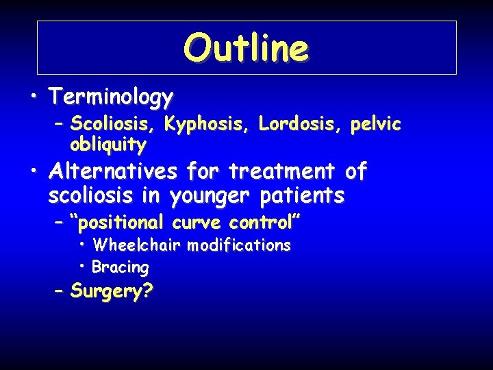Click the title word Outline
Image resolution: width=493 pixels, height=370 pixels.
tap(246, 48)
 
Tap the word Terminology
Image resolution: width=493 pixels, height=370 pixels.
tap(110, 97)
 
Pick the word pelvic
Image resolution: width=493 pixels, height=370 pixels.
tap(375, 124)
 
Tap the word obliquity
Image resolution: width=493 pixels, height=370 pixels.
tap(108, 145)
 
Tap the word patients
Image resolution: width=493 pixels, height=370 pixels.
tap(302, 196)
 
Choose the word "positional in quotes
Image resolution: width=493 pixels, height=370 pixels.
tap(119, 223)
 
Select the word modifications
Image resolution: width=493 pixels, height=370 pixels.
tap(239, 245)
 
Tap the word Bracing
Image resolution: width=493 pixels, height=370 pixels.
tap(121, 267)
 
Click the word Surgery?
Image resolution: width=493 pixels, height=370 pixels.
tap(112, 291)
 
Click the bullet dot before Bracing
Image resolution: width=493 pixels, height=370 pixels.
tap(82, 265)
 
